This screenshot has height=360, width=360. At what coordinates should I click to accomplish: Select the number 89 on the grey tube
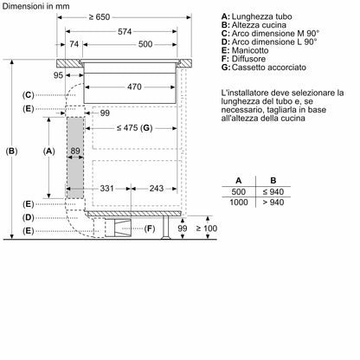76,152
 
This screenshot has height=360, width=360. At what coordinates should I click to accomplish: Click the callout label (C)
29,93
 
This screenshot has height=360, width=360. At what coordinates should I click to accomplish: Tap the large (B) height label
11,151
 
